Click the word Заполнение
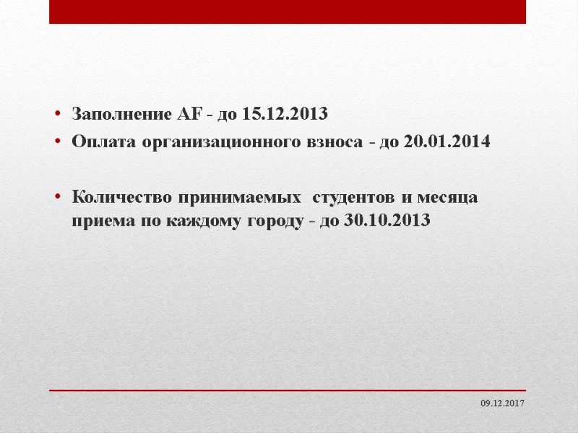point(120,114)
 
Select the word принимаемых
point(234,196)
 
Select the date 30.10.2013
point(387,221)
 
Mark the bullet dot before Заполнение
point(55,115)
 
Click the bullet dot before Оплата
point(55,142)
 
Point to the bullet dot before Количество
point(55,197)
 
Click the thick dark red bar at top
point(288,12)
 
